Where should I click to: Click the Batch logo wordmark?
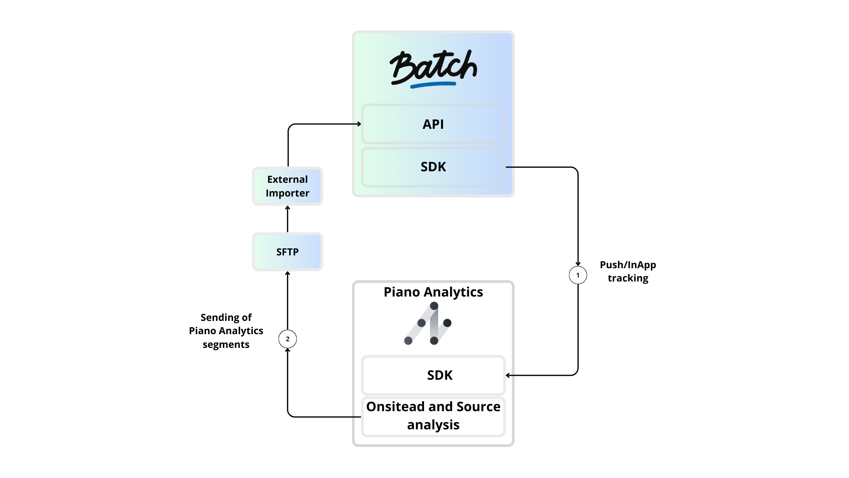pyautogui.click(x=433, y=68)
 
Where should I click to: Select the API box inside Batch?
pyautogui.click(x=433, y=124)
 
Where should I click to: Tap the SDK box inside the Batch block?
pyautogui.click(x=433, y=167)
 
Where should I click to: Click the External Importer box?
pyautogui.click(x=287, y=186)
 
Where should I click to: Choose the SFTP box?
pyautogui.click(x=287, y=252)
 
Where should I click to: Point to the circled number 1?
pyautogui.click(x=577, y=275)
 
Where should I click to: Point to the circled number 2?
pyautogui.click(x=287, y=339)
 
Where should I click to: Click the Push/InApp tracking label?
pyautogui.click(x=628, y=271)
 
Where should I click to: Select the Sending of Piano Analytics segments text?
pyautogui.click(x=226, y=331)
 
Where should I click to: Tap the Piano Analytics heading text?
pyautogui.click(x=433, y=292)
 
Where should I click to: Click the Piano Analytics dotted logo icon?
pyautogui.click(x=428, y=324)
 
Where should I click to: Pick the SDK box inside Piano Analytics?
pyautogui.click(x=433, y=375)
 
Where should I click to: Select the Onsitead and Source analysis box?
pyautogui.click(x=433, y=416)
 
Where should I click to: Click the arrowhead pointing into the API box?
pyautogui.click(x=359, y=124)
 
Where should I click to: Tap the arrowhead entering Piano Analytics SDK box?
pyautogui.click(x=508, y=375)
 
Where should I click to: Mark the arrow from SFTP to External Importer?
pyautogui.click(x=287, y=219)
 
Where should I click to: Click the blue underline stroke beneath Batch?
pyautogui.click(x=433, y=84)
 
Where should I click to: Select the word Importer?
pyautogui.click(x=287, y=193)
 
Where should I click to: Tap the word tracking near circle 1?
pyautogui.click(x=628, y=278)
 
